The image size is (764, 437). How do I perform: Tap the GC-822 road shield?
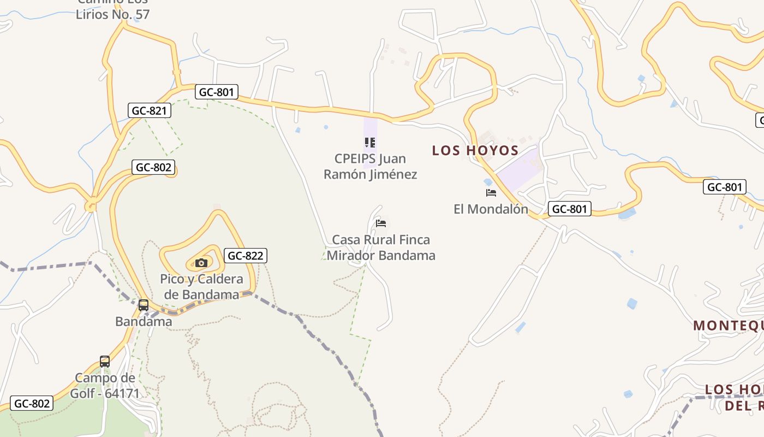(245, 255)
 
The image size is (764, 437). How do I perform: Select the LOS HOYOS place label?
(475, 150)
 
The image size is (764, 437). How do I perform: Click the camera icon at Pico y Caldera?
(201, 263)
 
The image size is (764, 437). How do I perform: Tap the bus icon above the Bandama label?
(144, 305)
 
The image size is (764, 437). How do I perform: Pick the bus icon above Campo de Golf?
(105, 361)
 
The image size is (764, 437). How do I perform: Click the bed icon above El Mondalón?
(491, 193)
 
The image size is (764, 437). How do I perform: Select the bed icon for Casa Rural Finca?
(381, 223)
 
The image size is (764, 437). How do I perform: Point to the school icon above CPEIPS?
(370, 143)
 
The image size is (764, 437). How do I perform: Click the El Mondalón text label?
(491, 209)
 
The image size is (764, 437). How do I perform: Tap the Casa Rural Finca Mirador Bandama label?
(381, 247)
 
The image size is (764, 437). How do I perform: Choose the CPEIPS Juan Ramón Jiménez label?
(370, 167)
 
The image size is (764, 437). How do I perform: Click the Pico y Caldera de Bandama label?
(201, 287)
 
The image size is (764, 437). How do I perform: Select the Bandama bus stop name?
(144, 321)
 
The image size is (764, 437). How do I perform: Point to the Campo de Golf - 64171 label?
(105, 385)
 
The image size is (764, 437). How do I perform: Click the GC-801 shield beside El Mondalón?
(569, 209)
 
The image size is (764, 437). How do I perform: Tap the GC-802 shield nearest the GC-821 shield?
(153, 167)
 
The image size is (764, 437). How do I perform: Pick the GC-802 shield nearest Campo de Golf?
(32, 404)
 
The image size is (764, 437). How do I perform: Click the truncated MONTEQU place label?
(728, 326)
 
